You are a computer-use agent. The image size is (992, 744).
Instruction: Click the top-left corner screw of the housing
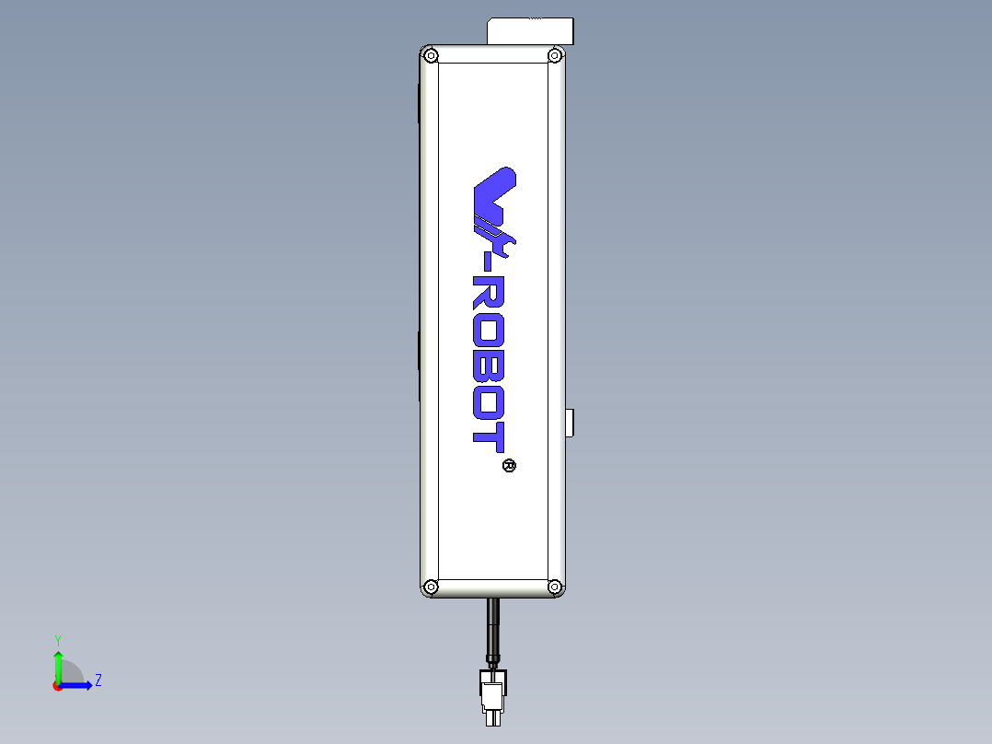[431, 55]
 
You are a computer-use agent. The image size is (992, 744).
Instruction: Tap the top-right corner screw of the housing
[555, 55]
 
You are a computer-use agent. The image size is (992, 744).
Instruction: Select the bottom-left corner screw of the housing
[431, 586]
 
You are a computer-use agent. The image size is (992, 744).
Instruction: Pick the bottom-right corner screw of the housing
[555, 586]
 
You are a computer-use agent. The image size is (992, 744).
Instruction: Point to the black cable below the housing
[493, 626]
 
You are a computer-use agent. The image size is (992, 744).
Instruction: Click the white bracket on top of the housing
[529, 30]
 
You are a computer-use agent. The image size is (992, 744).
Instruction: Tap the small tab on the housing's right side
[571, 423]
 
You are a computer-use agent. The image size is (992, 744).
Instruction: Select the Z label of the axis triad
[98, 680]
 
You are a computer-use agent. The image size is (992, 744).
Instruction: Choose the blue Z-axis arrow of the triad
[78, 685]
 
